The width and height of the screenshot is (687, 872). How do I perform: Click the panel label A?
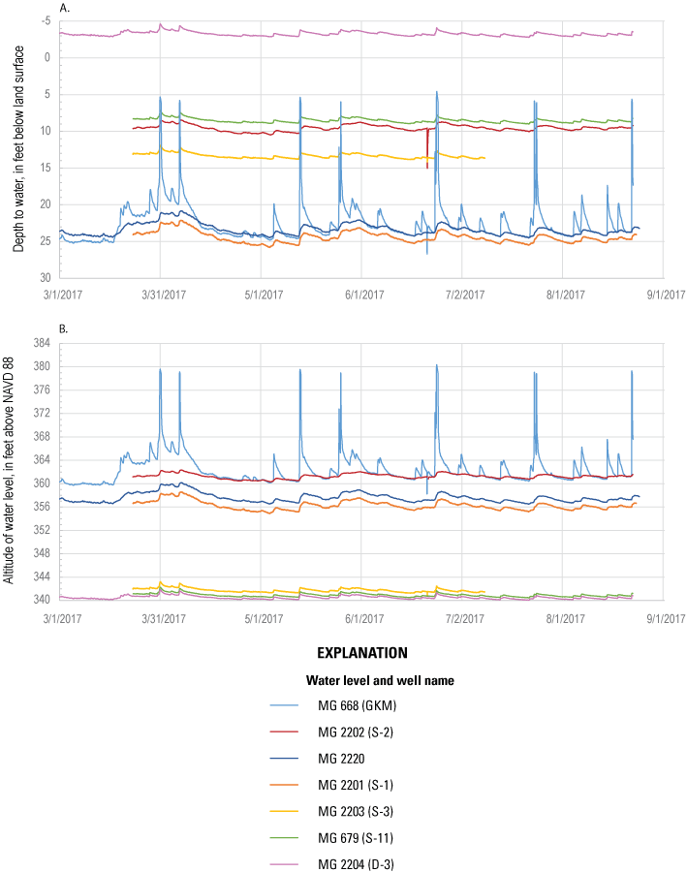(x=65, y=8)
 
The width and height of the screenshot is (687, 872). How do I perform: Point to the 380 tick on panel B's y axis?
(x=45, y=366)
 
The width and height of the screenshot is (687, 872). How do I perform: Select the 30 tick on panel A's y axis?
(x=47, y=277)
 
